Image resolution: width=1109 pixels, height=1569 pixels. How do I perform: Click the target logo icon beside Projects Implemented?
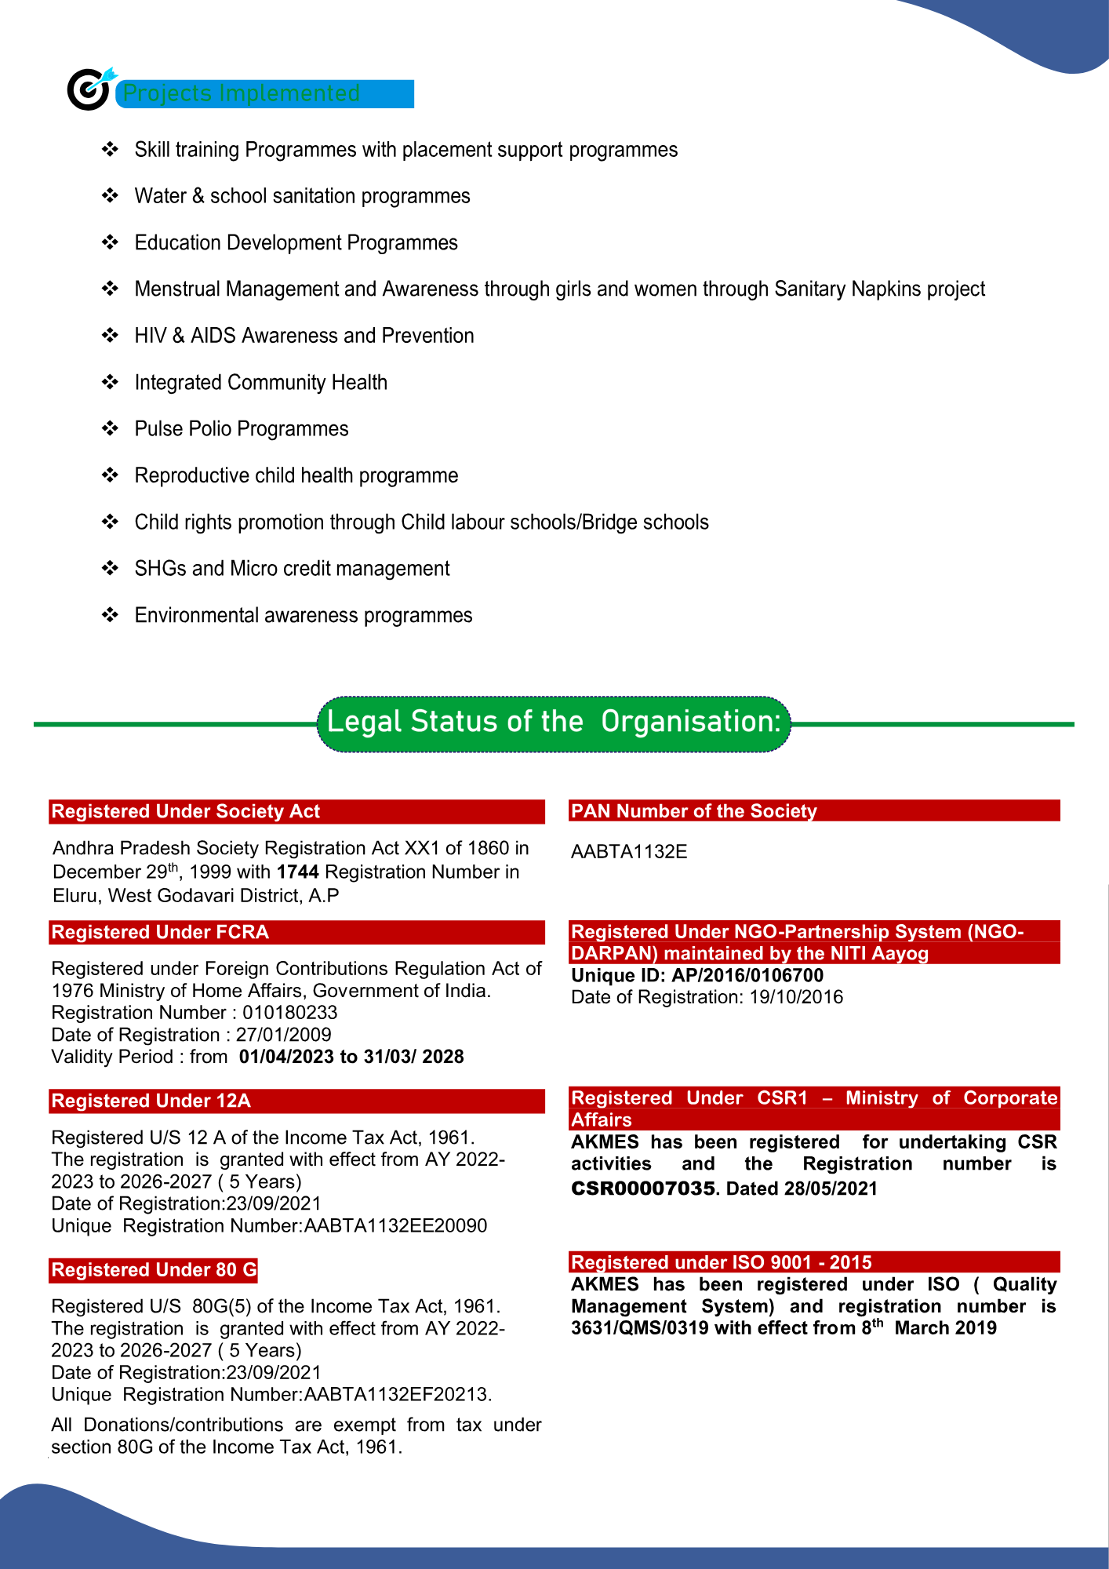click(89, 89)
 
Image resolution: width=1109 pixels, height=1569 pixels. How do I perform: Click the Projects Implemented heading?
click(242, 93)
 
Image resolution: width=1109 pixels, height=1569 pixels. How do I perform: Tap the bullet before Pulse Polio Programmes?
click(110, 428)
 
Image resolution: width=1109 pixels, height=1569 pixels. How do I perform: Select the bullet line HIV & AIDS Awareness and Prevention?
click(304, 336)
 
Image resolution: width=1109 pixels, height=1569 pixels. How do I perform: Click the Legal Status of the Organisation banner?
click(554, 723)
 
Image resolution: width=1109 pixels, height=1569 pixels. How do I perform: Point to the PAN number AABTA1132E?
click(629, 852)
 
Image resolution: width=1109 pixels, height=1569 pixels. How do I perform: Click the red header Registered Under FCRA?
click(160, 932)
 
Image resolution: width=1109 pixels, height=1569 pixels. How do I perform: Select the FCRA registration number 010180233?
click(289, 1013)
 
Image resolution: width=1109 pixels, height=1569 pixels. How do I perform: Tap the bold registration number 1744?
click(297, 872)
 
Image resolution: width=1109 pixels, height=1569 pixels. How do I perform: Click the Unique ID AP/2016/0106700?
click(747, 976)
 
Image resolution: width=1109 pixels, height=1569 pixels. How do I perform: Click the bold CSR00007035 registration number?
click(643, 1189)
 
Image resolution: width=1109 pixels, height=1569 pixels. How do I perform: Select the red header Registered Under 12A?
click(151, 1101)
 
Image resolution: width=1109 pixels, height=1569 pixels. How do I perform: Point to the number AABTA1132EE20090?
click(395, 1226)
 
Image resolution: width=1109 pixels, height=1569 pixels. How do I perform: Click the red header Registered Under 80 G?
click(154, 1270)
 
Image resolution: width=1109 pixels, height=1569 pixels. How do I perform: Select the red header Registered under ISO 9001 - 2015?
click(721, 1262)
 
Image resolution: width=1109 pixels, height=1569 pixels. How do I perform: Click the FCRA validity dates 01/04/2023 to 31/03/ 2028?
click(351, 1057)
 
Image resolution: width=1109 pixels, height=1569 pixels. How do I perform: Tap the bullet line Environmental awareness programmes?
click(303, 616)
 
